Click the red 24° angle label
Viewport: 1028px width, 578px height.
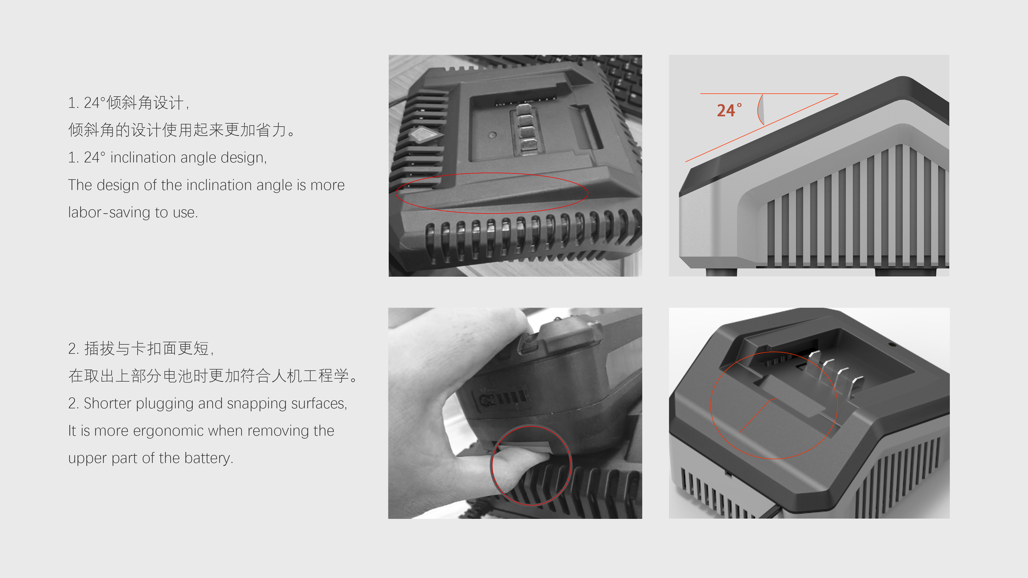pos(729,111)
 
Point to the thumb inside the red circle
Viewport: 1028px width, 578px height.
pos(519,471)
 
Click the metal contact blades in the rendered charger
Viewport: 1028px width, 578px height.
pos(836,373)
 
